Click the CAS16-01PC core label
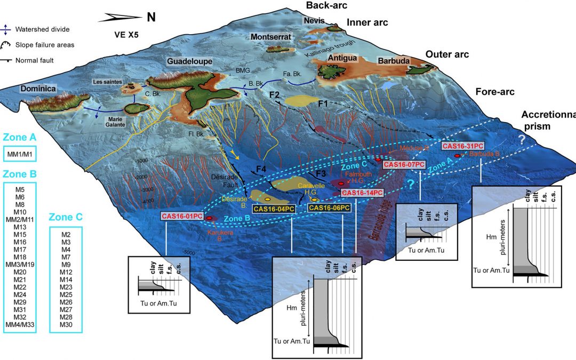(182, 217)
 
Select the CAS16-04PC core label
(274, 209)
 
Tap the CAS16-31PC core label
(463, 146)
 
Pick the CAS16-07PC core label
(404, 165)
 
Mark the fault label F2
(275, 94)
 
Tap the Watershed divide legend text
(42, 29)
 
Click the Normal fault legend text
(39, 60)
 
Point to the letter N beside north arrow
(151, 17)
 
